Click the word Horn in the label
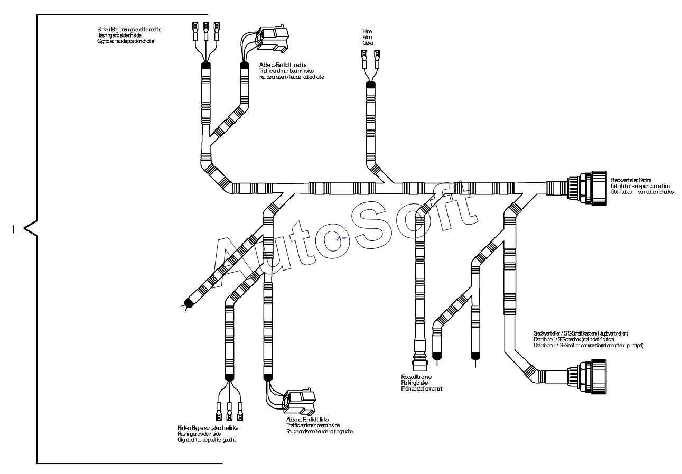pyautogui.click(x=367, y=38)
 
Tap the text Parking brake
pyautogui.click(x=414, y=383)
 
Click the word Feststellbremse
pyautogui.click(x=416, y=377)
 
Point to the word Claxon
pyautogui.click(x=369, y=43)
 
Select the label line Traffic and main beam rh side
pyautogui.click(x=288, y=71)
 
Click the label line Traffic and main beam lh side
pyautogui.click(x=314, y=425)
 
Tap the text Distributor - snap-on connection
pyautogui.click(x=640, y=186)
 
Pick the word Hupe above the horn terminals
pyautogui.click(x=367, y=32)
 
